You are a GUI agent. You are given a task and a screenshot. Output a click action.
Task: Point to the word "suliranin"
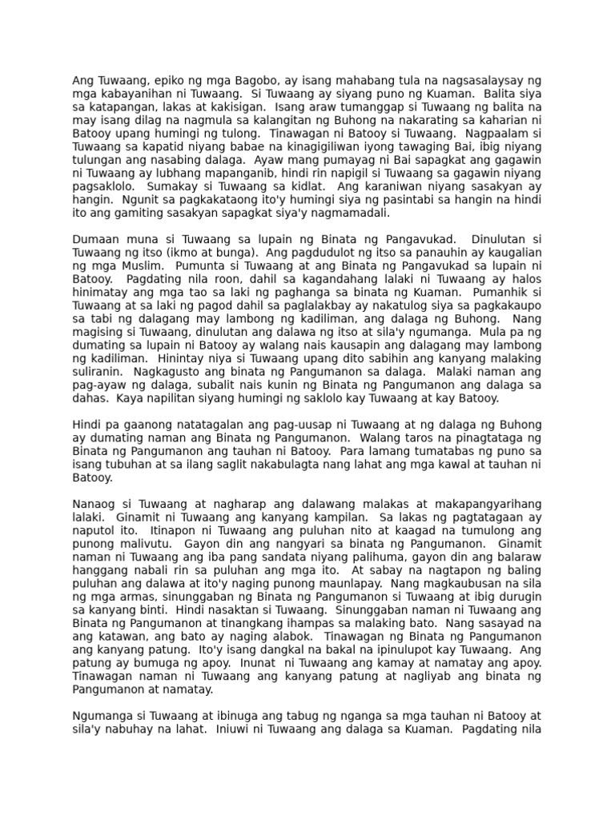(97, 371)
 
